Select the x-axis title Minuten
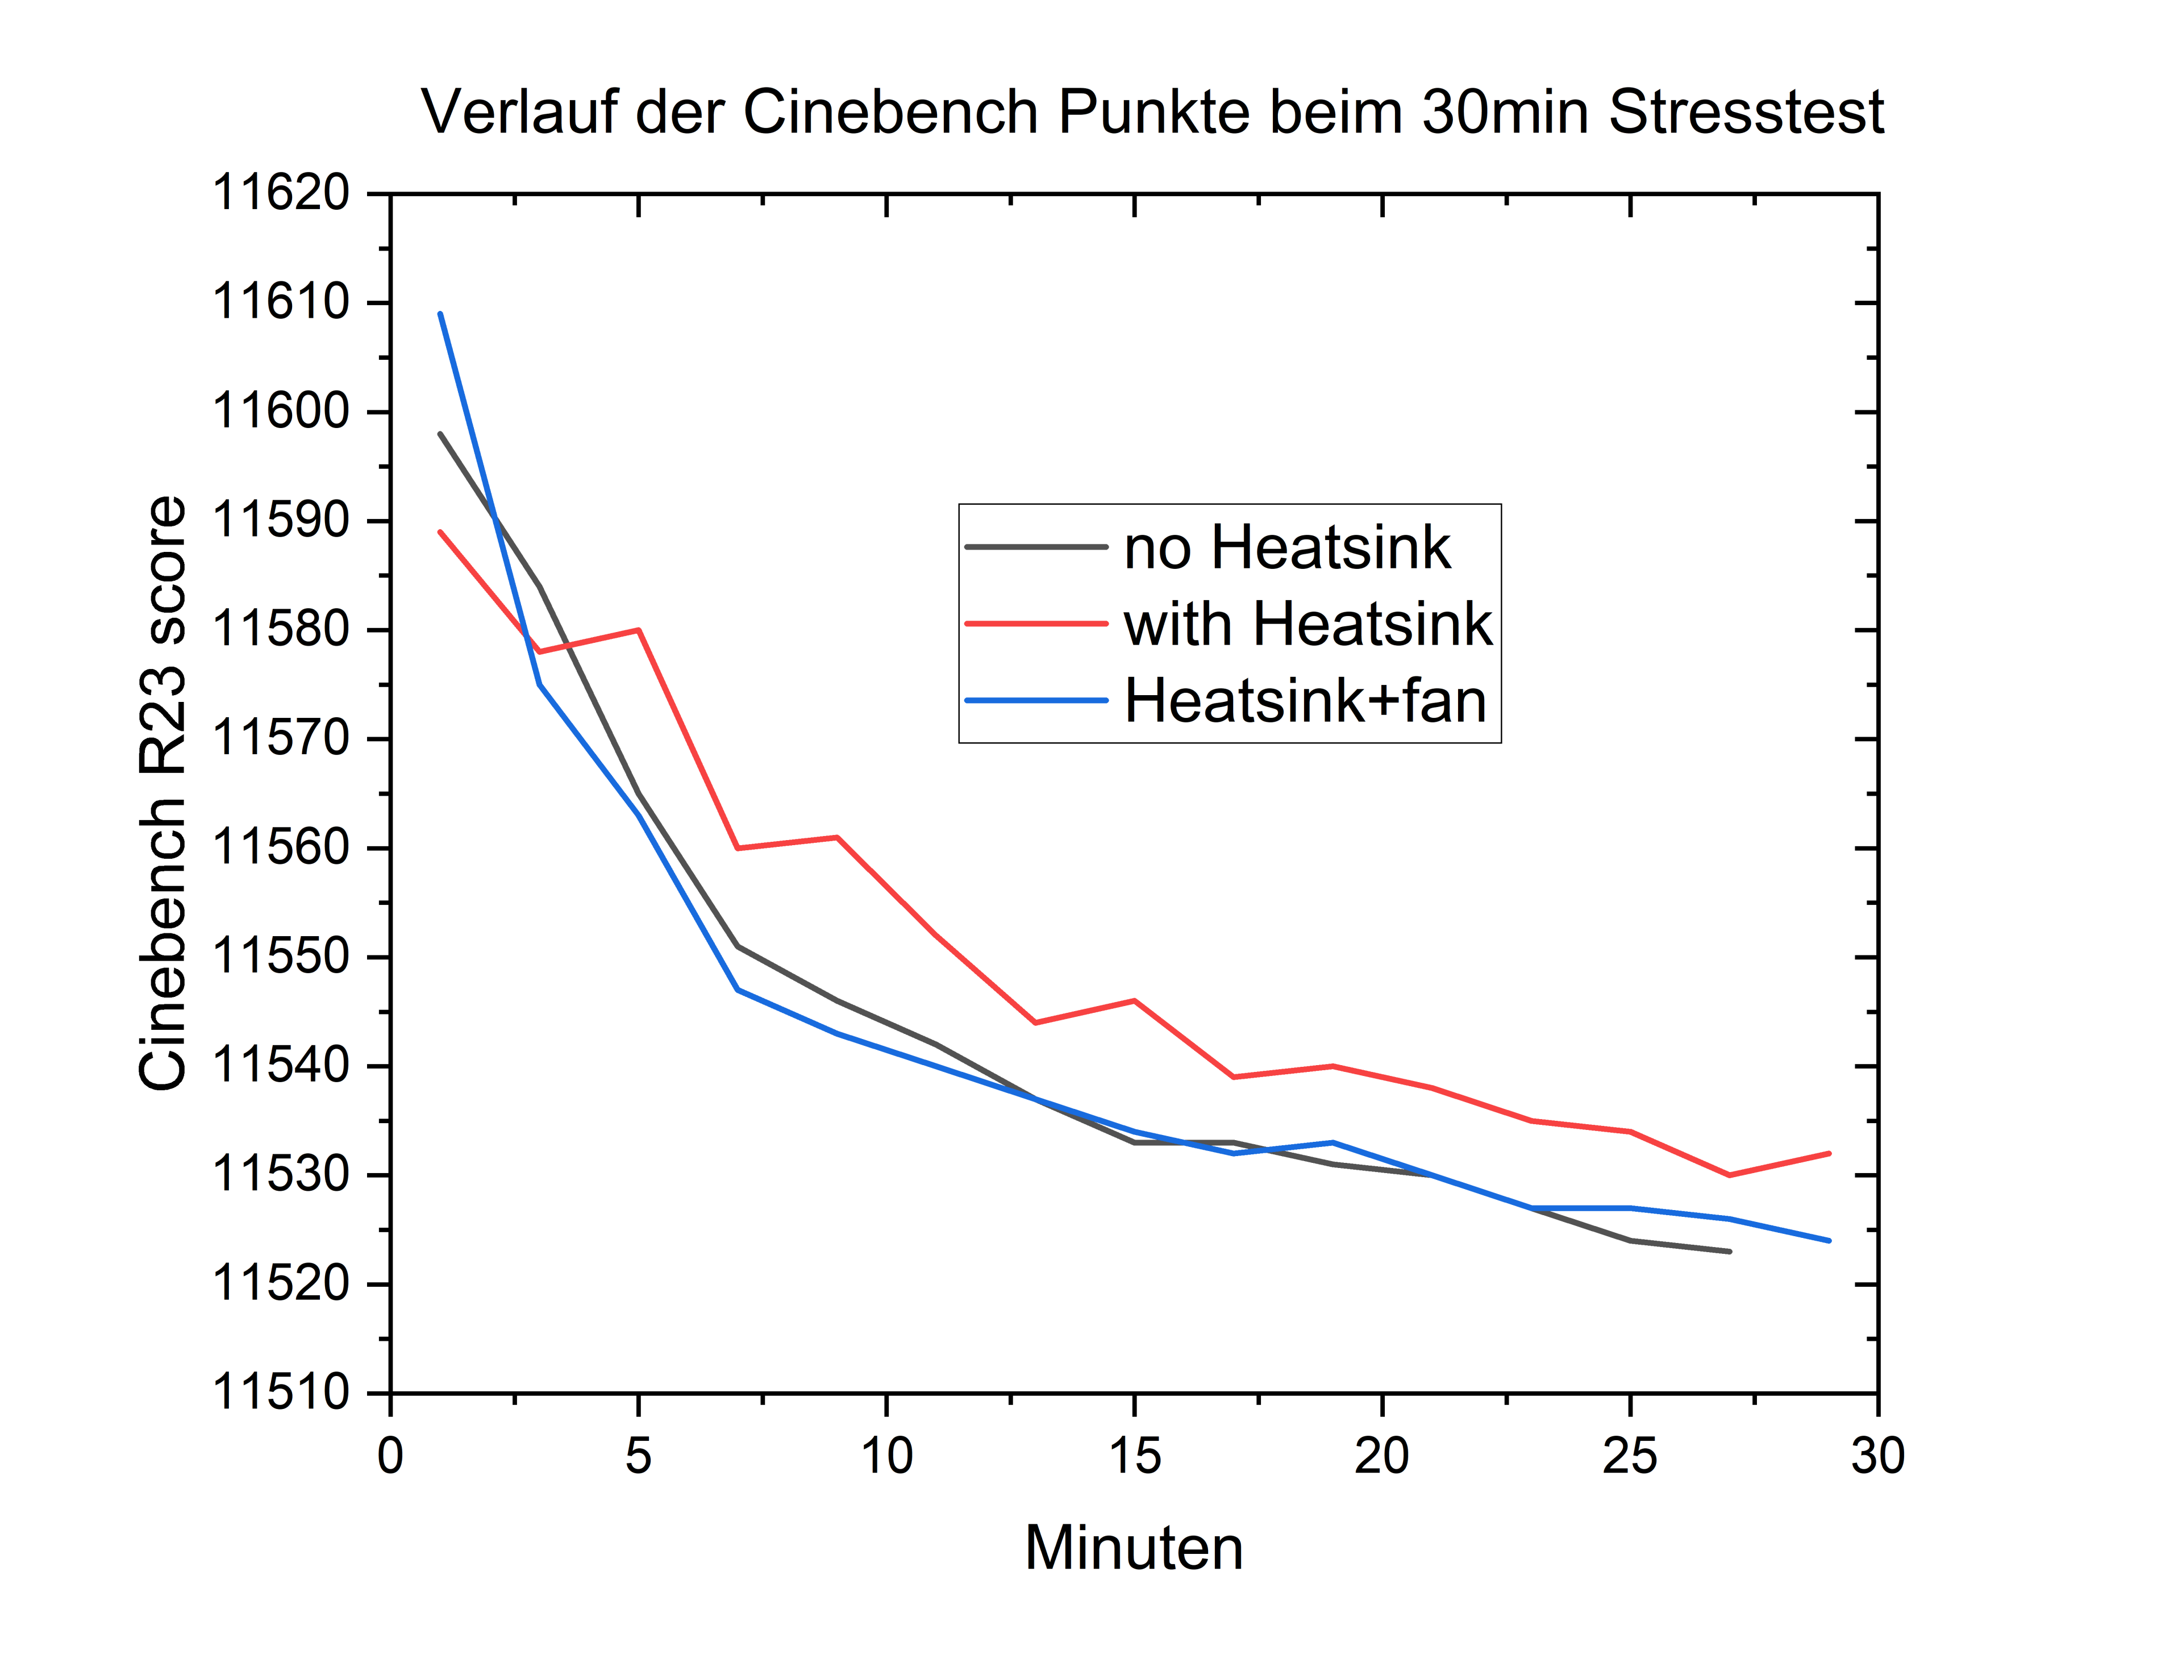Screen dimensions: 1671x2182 tap(1134, 1549)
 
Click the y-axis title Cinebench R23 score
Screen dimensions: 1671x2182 tap(162, 793)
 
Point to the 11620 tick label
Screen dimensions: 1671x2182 tap(281, 193)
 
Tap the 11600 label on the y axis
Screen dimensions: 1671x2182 tap(281, 411)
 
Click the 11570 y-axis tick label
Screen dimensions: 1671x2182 tap(281, 738)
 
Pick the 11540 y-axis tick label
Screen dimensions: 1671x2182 tap(281, 1065)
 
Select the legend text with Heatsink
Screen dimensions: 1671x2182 tap(1307, 625)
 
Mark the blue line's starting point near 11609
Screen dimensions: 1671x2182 tap(440, 314)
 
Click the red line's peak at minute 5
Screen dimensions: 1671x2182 tap(639, 630)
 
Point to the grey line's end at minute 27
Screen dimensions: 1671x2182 tap(1730, 1252)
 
